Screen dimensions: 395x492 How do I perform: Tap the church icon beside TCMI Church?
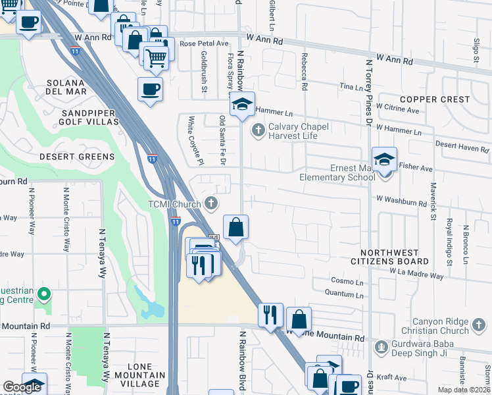pos(211,203)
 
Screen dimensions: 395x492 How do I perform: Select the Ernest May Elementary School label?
pos(337,172)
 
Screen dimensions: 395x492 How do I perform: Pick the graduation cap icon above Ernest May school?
pos(384,159)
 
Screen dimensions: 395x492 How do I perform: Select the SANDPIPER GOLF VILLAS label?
pos(80,117)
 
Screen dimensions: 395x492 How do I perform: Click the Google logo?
pos(22,387)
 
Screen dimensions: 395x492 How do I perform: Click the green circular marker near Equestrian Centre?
pos(44,293)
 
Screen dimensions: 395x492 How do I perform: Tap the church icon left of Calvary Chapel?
pos(258,131)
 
